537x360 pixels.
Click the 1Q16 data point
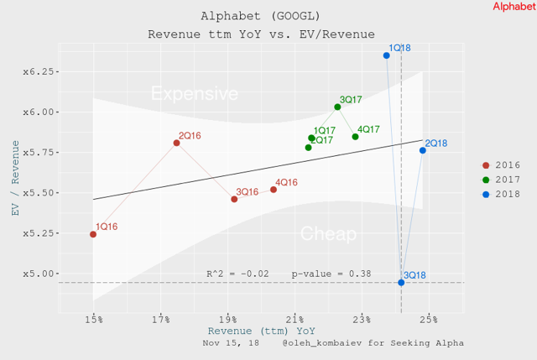coord(93,234)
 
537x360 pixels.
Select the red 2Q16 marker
coord(176,143)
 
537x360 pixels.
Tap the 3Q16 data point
coord(234,199)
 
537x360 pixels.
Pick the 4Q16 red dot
coord(274,190)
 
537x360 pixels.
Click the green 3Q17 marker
coord(337,107)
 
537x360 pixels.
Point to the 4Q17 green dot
coord(355,137)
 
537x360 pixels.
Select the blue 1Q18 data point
coord(386,55)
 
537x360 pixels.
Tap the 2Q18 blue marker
coord(422,150)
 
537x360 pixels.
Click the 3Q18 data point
coord(401,283)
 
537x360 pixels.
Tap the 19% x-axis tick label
coord(227,320)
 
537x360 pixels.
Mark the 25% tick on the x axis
coord(429,320)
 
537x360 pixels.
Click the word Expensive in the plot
coord(194,94)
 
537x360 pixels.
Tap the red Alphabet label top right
coord(514,7)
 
